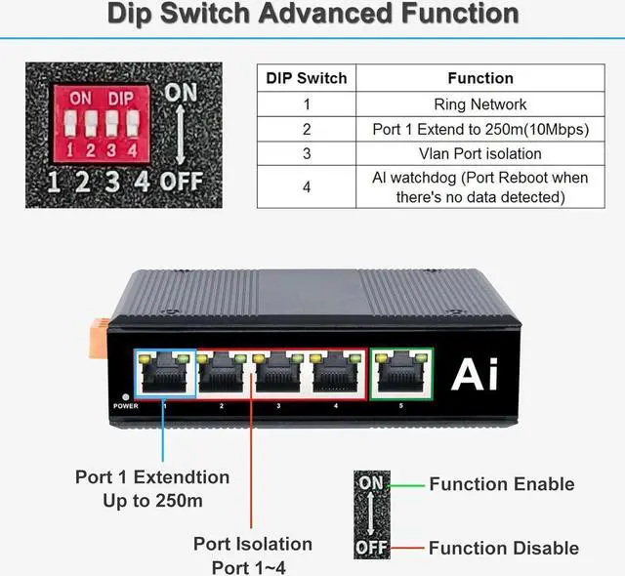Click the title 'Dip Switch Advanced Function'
click(312, 15)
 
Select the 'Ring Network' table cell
click(479, 104)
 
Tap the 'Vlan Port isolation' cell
click(479, 153)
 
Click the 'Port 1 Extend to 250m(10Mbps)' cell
click(479, 129)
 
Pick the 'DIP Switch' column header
click(307, 79)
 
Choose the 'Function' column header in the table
click(479, 79)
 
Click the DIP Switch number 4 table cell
click(307, 186)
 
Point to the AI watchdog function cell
click(479, 186)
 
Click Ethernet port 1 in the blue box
click(164, 374)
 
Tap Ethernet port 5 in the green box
click(401, 374)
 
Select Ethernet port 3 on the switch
click(279, 374)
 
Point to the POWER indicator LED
click(126, 398)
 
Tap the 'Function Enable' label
click(501, 484)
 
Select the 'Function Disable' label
click(503, 548)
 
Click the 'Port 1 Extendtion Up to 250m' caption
click(152, 488)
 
